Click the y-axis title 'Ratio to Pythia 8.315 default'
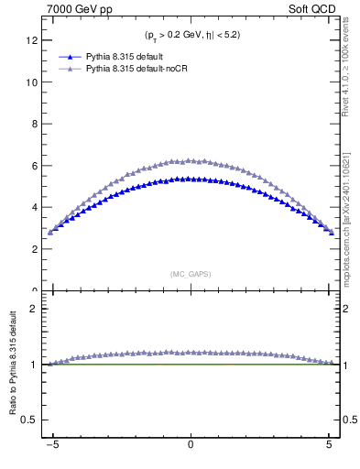[x=14, y=366]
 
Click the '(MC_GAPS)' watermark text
[x=190, y=274]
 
